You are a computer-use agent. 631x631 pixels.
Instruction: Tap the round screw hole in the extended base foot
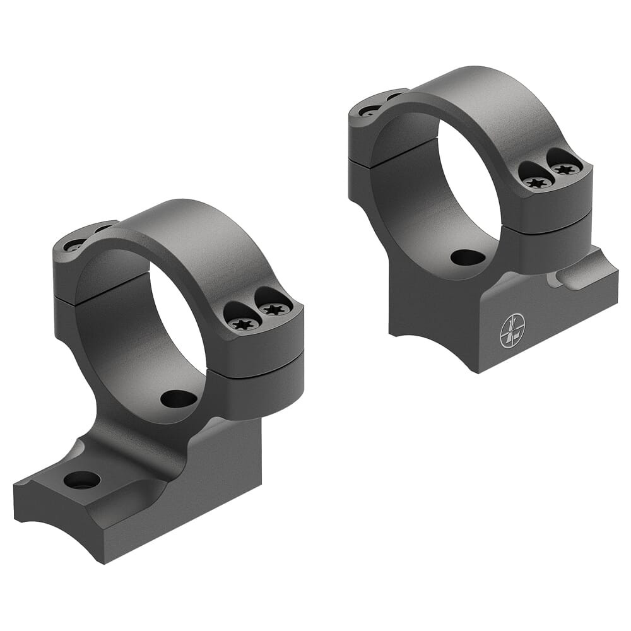[82, 480]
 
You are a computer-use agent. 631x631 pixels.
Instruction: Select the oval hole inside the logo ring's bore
[468, 257]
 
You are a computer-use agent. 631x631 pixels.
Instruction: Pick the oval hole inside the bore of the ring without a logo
[179, 399]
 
